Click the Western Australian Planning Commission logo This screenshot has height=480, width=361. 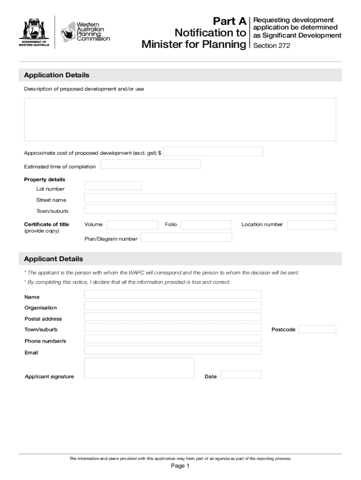[85, 32]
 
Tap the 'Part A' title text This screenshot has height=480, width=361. [229, 22]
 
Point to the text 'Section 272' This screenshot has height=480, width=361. [271, 45]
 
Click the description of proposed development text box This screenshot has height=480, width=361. [180, 119]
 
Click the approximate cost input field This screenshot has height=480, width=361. [213, 151]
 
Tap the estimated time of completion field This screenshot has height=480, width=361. [151, 164]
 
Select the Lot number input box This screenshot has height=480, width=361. [113, 186]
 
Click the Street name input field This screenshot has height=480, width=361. [210, 198]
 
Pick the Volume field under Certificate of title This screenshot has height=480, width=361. [132, 225]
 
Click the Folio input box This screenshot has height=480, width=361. [206, 225]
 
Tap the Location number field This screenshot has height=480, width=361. [311, 225]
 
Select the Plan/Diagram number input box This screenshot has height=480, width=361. [186, 237]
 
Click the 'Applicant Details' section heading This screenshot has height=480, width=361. [53, 259]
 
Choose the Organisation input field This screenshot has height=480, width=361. [173, 306]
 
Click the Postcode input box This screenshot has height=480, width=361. [317, 329]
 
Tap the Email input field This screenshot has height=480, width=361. [173, 350]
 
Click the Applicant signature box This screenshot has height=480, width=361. [139, 368]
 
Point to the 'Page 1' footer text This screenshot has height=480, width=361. [180, 466]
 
